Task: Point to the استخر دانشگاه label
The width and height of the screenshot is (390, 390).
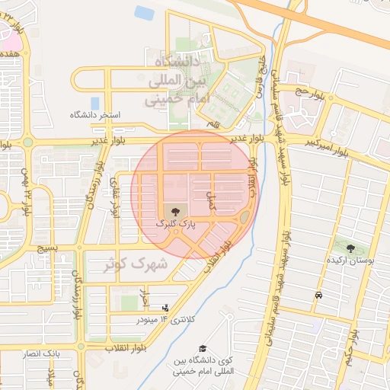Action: [x=96, y=115]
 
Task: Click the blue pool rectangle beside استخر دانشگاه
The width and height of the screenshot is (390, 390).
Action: [x=94, y=102]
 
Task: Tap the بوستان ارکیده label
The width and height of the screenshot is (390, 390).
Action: [x=350, y=261]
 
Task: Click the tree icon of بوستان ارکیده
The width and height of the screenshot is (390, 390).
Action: [x=350, y=248]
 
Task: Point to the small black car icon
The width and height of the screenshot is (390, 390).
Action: [x=318, y=295]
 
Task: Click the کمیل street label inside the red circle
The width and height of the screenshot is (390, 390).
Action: [x=212, y=200]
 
